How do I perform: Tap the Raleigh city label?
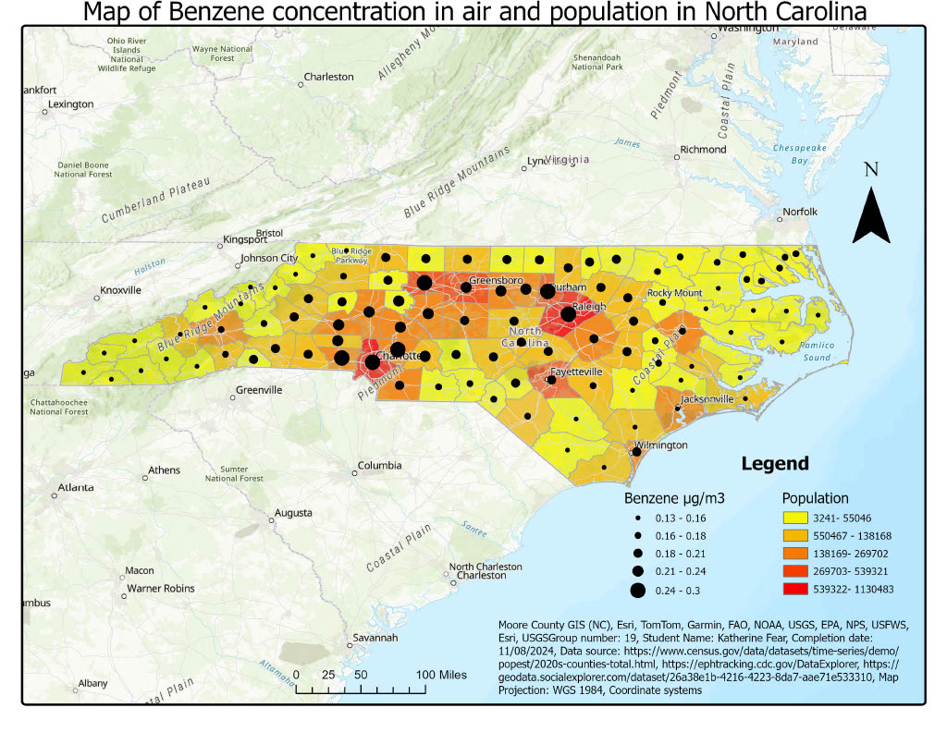tap(589, 306)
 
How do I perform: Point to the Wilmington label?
tap(661, 445)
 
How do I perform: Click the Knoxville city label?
tap(121, 289)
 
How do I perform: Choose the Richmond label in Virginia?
tap(703, 149)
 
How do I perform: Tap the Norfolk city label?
tap(801, 212)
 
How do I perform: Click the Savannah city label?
tap(374, 638)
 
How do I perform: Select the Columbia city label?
tap(379, 465)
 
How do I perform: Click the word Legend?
tap(775, 464)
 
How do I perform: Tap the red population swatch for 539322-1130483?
tap(797, 588)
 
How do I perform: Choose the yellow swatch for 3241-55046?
tap(797, 518)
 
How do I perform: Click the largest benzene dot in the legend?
tap(637, 589)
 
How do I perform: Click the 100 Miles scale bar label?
tap(440, 675)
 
